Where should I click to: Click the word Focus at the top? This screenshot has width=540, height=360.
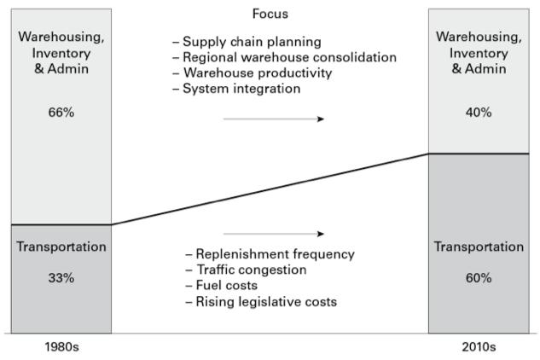tap(270, 15)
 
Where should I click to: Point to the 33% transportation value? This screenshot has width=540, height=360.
tap(61, 278)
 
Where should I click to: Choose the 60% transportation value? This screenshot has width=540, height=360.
tap(478, 278)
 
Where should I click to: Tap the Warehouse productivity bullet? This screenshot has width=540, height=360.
tap(252, 73)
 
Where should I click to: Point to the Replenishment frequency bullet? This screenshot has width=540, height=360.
tap(270, 254)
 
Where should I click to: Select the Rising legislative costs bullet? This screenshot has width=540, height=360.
tap(260, 302)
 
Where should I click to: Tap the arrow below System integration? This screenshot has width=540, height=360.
tap(273, 119)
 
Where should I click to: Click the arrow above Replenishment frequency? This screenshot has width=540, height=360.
tap(273, 233)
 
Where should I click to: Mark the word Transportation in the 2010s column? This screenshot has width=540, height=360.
tap(478, 247)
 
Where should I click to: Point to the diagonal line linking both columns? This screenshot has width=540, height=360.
tap(270, 189)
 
